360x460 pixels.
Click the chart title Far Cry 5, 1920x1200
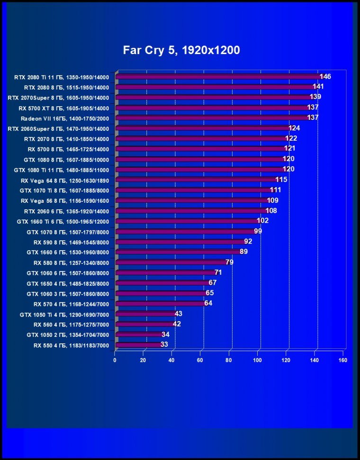181,50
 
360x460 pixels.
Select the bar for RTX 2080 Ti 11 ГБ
218,77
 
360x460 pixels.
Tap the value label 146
325,77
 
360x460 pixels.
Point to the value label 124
295,128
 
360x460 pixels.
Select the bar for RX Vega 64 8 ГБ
196,180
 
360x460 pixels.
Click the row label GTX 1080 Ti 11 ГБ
62,170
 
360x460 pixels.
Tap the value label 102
262,221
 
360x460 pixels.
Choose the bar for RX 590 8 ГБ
180,242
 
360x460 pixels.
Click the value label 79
230,262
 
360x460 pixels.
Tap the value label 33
164,344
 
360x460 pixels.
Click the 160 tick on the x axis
343,360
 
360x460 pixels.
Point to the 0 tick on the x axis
115,360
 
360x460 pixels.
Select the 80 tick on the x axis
229,360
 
